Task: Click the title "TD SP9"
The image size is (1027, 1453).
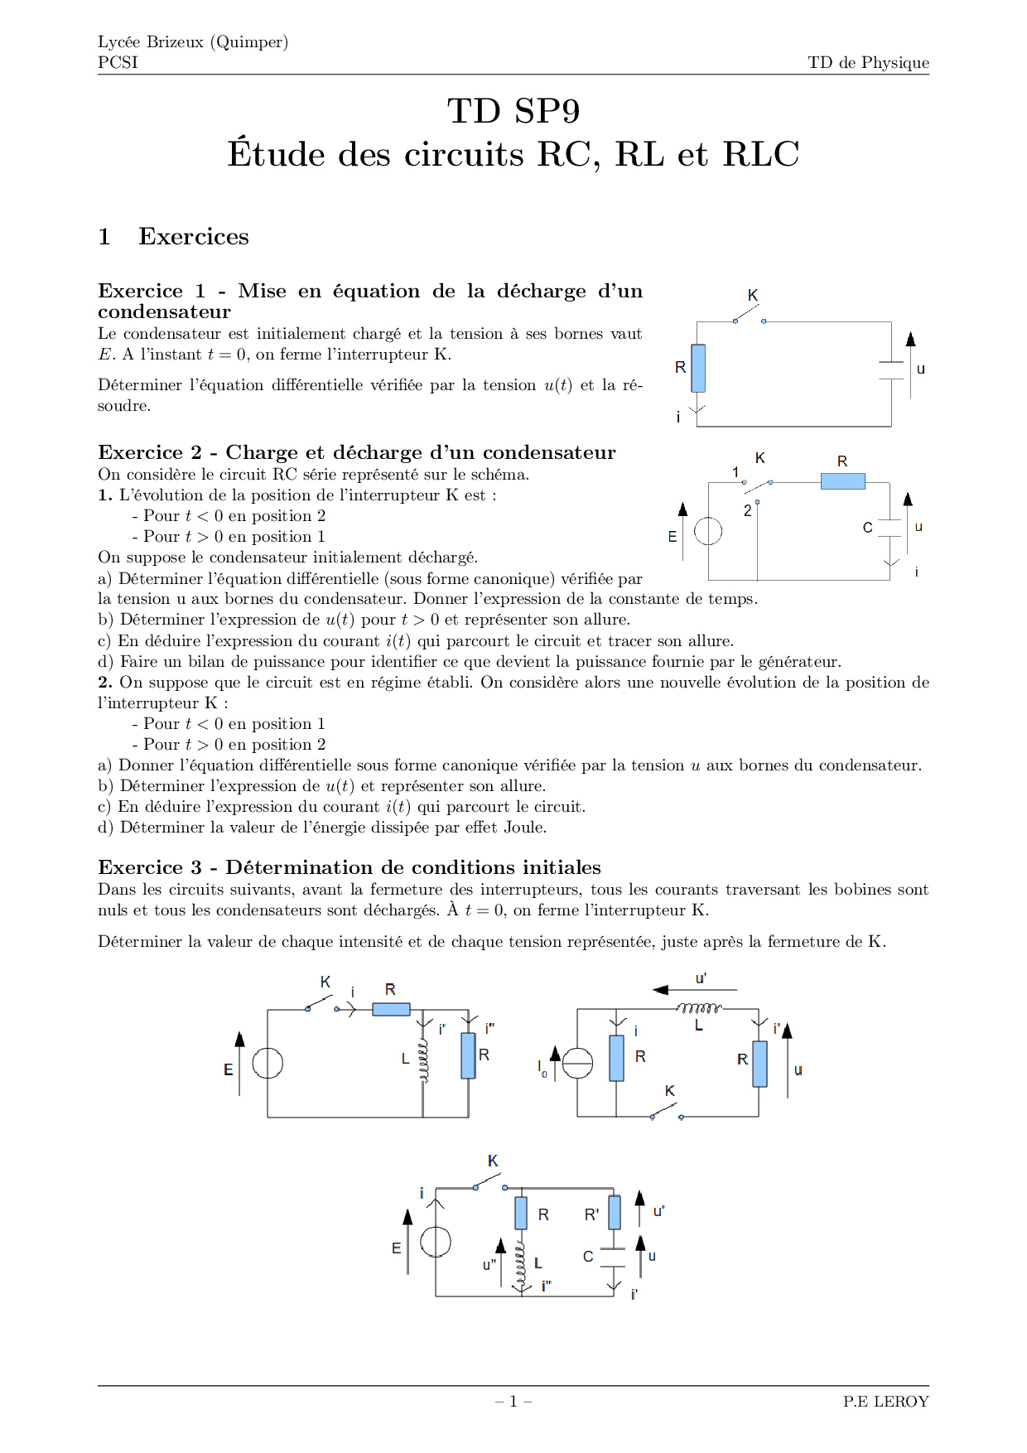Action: click(x=513, y=111)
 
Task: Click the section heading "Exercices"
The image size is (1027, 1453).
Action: click(x=193, y=237)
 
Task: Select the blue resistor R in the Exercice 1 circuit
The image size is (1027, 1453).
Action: click(x=698, y=368)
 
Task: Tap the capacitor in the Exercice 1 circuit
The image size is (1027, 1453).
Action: click(x=891, y=370)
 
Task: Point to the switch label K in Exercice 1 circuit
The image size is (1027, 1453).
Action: click(x=753, y=296)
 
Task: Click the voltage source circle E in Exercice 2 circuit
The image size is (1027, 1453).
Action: click(x=708, y=531)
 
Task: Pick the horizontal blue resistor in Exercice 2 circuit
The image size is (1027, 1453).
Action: click(x=842, y=481)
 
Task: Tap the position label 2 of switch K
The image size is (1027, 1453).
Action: click(x=747, y=511)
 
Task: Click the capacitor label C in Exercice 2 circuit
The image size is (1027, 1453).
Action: click(x=867, y=528)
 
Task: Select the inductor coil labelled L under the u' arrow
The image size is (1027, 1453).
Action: click(x=699, y=1009)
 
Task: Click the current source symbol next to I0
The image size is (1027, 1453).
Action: click(x=577, y=1063)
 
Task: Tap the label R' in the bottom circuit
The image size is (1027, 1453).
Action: click(x=591, y=1215)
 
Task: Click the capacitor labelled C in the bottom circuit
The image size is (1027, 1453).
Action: click(x=613, y=1257)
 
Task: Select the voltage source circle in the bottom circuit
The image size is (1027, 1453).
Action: click(x=436, y=1242)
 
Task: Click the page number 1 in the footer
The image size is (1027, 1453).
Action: click(x=513, y=1402)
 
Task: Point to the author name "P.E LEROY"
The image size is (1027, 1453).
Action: click(x=885, y=1402)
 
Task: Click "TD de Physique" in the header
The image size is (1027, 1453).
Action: click(x=868, y=63)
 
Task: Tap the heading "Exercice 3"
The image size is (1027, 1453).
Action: click(x=150, y=868)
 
